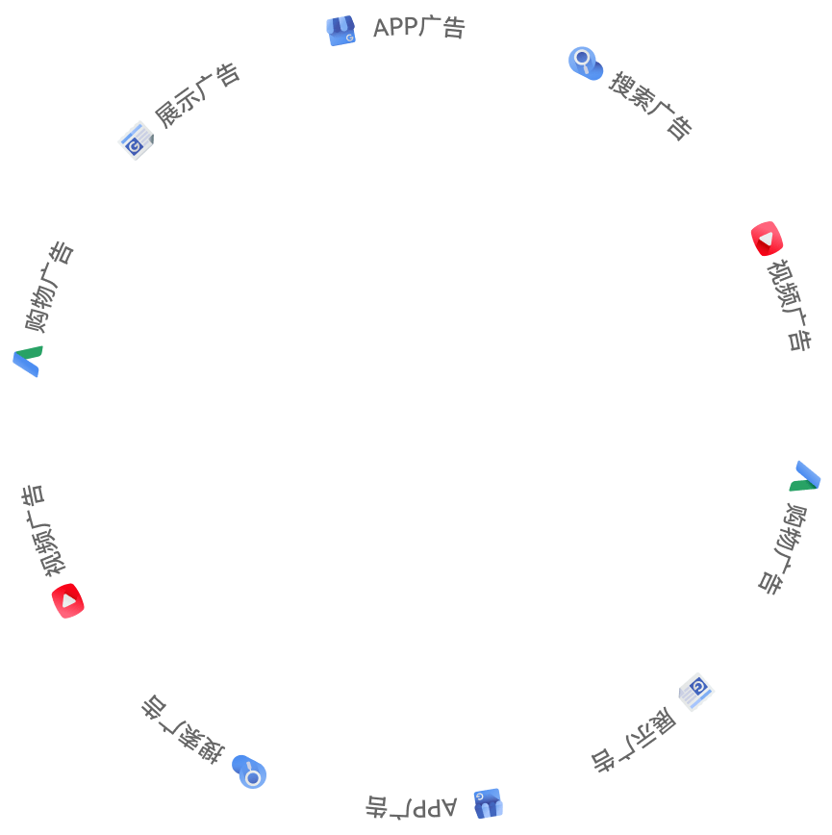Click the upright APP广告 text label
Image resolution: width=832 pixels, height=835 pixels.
click(x=419, y=27)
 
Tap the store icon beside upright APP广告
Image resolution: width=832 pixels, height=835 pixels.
click(x=340, y=31)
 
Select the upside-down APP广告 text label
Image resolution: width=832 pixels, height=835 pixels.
click(x=411, y=807)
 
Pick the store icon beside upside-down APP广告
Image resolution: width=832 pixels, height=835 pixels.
click(x=488, y=803)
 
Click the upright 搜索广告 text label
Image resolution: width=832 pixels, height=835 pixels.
click(x=650, y=106)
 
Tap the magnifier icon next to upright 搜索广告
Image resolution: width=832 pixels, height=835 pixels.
click(x=586, y=63)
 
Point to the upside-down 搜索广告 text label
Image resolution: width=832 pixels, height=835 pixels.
click(x=183, y=729)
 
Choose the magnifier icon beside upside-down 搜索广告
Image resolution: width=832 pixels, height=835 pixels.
click(x=249, y=772)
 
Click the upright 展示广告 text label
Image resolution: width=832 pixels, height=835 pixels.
click(x=197, y=95)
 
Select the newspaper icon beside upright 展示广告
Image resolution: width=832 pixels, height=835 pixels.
click(x=136, y=140)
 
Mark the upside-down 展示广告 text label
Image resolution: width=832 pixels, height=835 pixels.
click(x=634, y=740)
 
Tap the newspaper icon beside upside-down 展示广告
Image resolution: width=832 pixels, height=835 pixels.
click(x=696, y=693)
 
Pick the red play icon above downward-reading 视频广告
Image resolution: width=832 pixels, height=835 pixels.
click(x=767, y=239)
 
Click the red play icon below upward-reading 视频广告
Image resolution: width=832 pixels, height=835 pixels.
click(x=68, y=600)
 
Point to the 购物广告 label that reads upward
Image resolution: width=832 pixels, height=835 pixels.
click(x=49, y=287)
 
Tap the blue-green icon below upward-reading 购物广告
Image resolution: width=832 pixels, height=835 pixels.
click(x=28, y=361)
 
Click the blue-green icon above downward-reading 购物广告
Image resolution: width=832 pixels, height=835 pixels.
click(x=804, y=475)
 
